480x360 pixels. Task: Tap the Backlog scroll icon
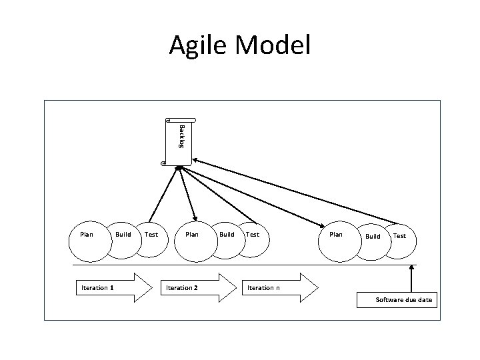pos(178,141)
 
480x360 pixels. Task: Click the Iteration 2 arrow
pos(196,287)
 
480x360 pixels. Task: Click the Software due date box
pos(403,300)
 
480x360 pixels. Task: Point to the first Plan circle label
pos(87,235)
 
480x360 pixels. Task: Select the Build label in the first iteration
pos(123,235)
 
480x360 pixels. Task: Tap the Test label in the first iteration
pos(151,235)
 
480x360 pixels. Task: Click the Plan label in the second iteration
pos(192,235)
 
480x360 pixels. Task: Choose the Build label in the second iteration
pos(227,235)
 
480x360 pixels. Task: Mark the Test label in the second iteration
pos(253,235)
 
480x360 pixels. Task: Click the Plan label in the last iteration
pos(336,235)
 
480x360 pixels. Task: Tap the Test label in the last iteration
pos(399,236)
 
